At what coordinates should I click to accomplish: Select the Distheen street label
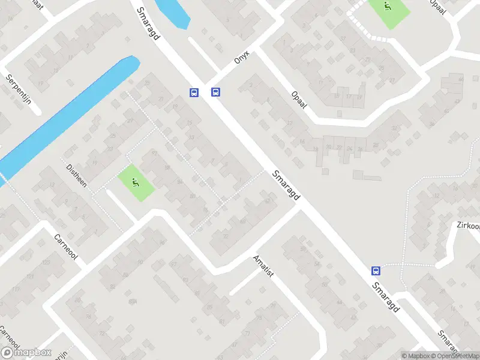76,175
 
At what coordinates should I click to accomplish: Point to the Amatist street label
263,265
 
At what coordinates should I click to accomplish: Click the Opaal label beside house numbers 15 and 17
299,100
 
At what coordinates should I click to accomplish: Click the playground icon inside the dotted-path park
387,8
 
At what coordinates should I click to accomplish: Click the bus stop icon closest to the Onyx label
215,92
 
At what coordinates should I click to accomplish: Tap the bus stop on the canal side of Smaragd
194,92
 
